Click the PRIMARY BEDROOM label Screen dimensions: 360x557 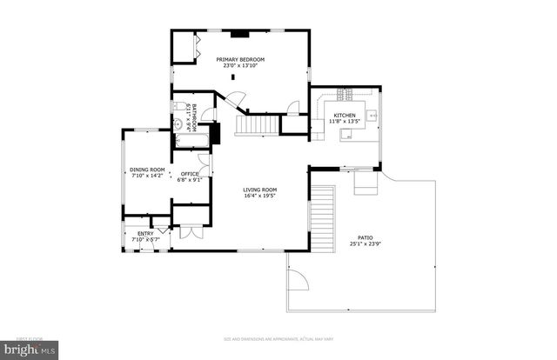(240, 59)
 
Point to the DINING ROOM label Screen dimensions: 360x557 (147, 170)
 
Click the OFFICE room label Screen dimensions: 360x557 (189, 174)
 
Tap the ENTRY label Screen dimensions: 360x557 (145, 233)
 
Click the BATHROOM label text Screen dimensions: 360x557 (195, 117)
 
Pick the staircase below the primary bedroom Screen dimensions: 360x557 (258, 126)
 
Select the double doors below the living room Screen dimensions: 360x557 (189, 232)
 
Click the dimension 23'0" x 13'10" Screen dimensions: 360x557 (240, 66)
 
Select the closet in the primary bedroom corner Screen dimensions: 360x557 (185, 48)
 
